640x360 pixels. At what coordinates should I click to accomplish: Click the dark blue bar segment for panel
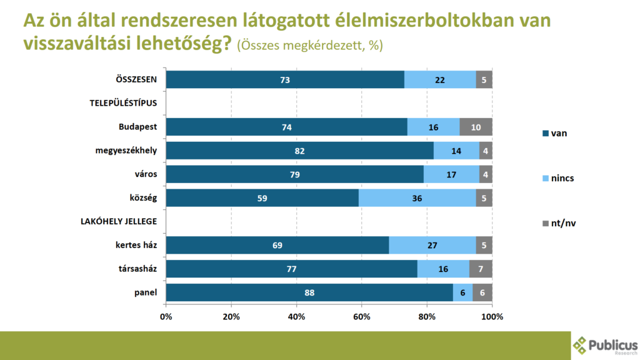(x=309, y=292)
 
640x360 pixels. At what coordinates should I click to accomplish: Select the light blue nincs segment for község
(x=417, y=198)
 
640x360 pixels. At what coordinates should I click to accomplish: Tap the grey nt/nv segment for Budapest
(x=476, y=127)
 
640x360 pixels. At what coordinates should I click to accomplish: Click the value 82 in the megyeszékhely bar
(x=299, y=151)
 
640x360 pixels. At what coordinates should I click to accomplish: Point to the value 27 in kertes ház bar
(x=432, y=245)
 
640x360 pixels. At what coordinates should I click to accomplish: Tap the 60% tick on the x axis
(x=362, y=316)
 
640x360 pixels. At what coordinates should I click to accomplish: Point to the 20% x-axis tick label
(x=231, y=316)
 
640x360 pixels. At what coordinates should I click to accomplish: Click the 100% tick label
(x=492, y=316)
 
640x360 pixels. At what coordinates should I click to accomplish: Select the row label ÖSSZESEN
(x=136, y=79)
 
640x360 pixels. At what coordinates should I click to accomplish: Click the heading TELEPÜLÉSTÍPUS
(x=122, y=103)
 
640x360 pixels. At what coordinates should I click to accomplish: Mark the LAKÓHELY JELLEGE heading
(x=118, y=221)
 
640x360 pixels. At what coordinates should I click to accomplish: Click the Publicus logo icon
(x=581, y=345)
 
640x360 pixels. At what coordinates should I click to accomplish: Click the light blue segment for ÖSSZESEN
(x=440, y=79)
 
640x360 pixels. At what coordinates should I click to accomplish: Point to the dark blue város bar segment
(x=294, y=174)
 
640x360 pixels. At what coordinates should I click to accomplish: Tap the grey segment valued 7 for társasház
(x=481, y=269)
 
